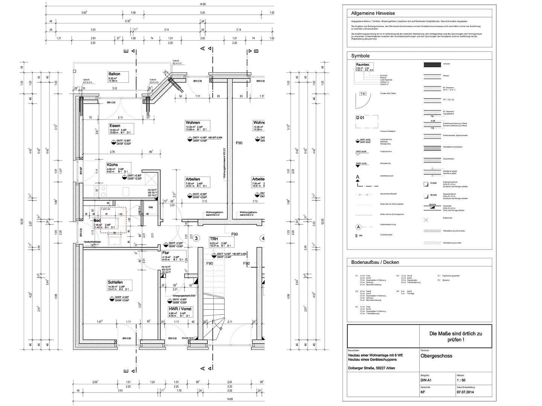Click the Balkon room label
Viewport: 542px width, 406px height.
point(114,74)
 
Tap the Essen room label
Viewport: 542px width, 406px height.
point(115,126)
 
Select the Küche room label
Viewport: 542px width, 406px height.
point(112,165)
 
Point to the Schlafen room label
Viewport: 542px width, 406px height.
point(115,282)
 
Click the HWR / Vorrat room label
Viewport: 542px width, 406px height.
point(180,309)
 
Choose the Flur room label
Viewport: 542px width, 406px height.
point(166,253)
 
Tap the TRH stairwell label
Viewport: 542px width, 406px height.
point(214,239)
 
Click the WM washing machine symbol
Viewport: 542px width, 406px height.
point(150,208)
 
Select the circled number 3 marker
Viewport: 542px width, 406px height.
point(197,238)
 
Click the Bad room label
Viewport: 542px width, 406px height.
point(97,221)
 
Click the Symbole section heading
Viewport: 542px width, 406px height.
point(360,56)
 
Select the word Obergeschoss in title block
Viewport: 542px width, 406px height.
point(436,356)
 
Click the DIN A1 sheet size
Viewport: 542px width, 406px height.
point(426,380)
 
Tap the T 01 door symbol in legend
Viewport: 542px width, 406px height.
point(363,94)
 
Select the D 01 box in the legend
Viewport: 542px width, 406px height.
point(360,118)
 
